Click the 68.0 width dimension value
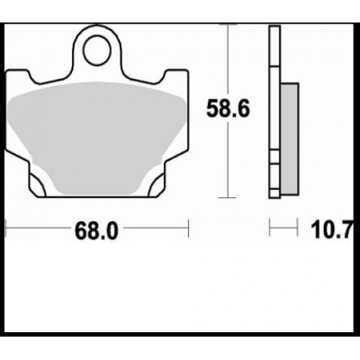(95, 230)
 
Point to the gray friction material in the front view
(97, 126)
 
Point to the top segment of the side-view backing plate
(272, 45)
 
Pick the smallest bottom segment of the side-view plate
(272, 188)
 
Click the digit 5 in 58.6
(215, 110)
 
